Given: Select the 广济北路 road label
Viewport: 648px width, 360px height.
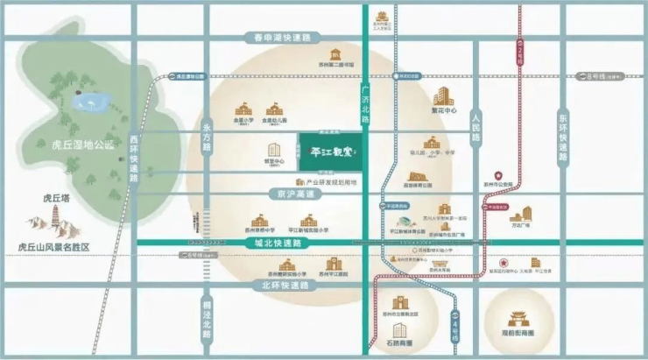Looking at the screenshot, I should (x=365, y=102).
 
